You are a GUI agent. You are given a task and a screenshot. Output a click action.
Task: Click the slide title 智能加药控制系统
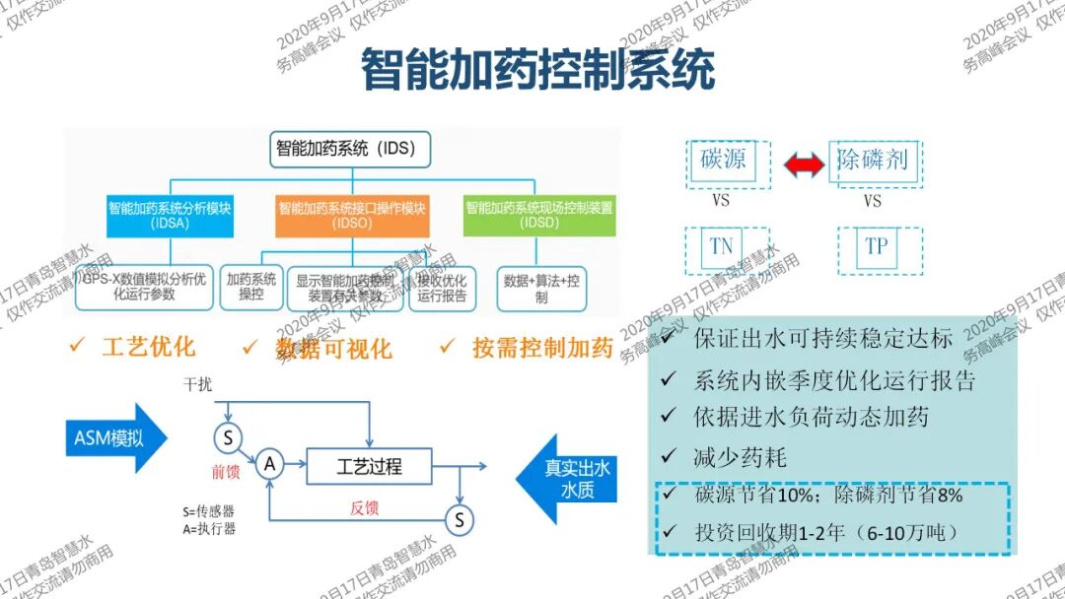[x=536, y=71]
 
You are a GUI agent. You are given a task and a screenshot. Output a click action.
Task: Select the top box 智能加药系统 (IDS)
[x=350, y=150]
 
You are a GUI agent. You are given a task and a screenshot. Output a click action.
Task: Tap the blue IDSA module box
[x=171, y=215]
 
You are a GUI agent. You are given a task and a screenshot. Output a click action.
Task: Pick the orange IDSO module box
[x=352, y=215]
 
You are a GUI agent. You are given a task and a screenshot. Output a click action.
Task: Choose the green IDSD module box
[x=538, y=215]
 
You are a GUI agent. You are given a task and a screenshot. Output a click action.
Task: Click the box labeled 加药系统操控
[x=250, y=287]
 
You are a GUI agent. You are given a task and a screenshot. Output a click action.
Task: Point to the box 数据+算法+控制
[x=541, y=287]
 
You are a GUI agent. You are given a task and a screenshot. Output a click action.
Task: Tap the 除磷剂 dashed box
[x=872, y=160]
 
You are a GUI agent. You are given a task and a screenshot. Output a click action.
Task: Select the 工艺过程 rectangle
[x=369, y=465]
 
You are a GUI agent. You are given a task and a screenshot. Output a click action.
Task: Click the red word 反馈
[x=364, y=508]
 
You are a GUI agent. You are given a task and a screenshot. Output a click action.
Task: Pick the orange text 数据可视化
[x=333, y=348]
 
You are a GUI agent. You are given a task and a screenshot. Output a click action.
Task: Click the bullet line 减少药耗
[x=740, y=457]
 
